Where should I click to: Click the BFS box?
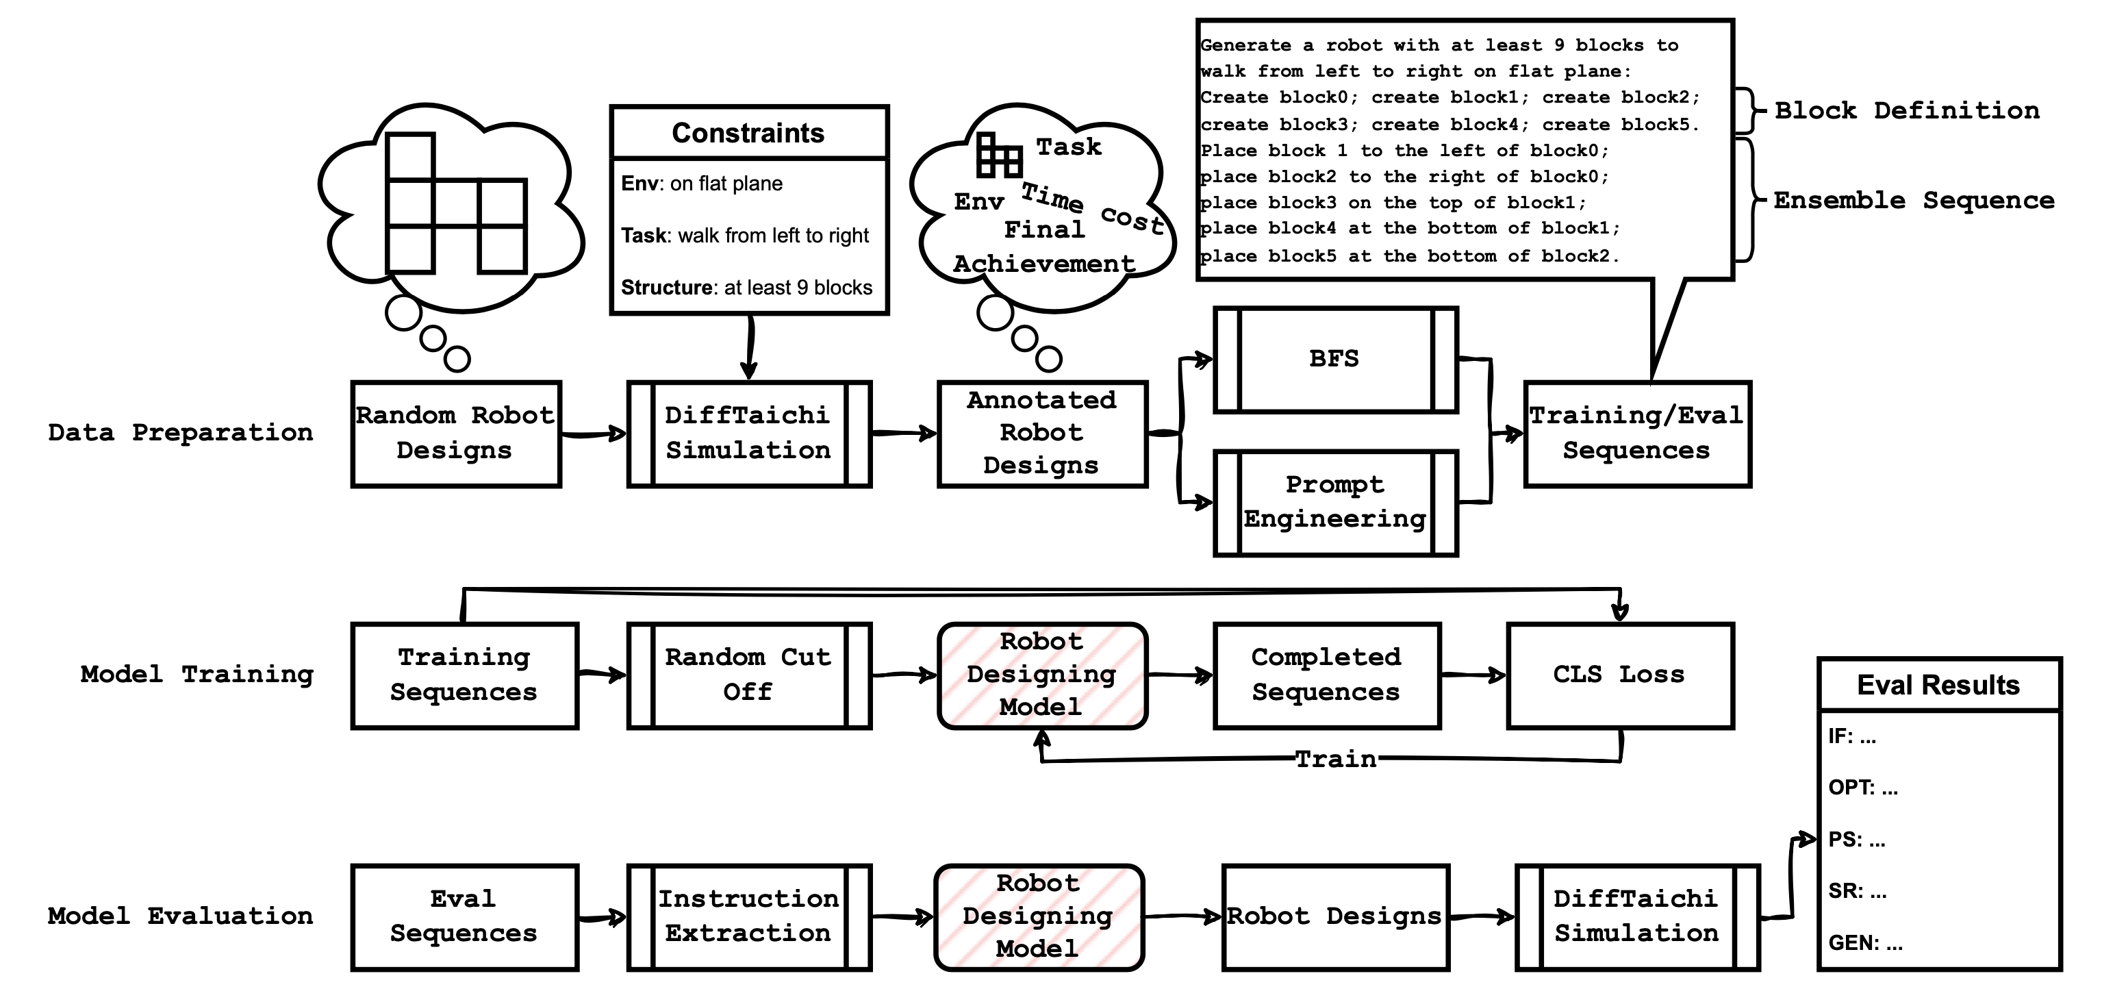click(x=1335, y=360)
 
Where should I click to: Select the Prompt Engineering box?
click(x=1335, y=503)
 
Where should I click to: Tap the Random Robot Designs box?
click(x=455, y=434)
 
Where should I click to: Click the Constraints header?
click(x=748, y=133)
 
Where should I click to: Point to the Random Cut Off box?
click(x=748, y=675)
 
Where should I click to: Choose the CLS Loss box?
click(x=1619, y=675)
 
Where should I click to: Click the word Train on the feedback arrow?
click(x=1336, y=760)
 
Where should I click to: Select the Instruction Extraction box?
click(x=748, y=916)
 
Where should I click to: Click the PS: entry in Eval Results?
click(x=1856, y=840)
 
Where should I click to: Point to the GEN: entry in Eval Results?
click(x=1864, y=943)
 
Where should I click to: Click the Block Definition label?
click(x=1906, y=111)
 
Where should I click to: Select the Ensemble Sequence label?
click(x=1914, y=201)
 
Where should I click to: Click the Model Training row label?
click(x=197, y=675)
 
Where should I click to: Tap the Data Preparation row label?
click(x=180, y=432)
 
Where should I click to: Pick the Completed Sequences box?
click(x=1326, y=675)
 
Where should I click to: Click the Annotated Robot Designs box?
click(x=1042, y=434)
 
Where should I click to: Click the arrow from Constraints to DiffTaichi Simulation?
click(x=749, y=347)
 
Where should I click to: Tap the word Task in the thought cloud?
click(x=1068, y=148)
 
